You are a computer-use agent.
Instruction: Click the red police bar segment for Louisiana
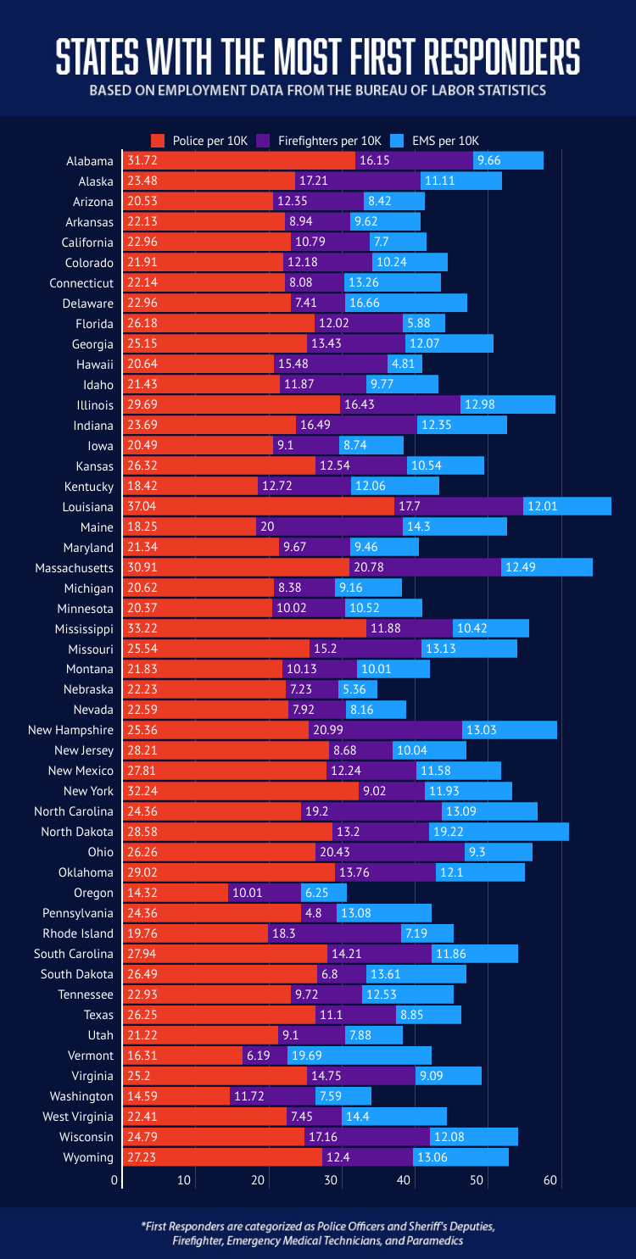coord(259,506)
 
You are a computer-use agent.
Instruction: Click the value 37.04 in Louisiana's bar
coord(142,506)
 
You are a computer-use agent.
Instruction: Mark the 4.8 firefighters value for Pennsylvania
coord(312,913)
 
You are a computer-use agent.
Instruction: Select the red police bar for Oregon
coord(176,893)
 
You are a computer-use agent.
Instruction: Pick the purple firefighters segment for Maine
coord(329,526)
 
